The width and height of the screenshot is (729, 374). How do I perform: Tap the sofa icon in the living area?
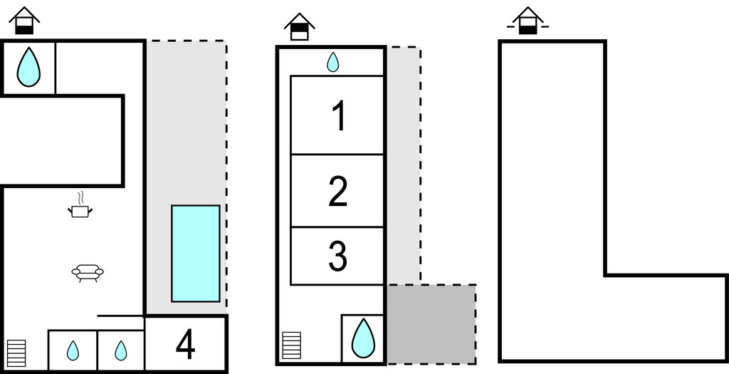(88, 272)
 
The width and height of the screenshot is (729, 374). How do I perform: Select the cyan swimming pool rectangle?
(195, 253)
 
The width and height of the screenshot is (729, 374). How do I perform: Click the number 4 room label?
(185, 346)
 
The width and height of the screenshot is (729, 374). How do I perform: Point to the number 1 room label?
(339, 116)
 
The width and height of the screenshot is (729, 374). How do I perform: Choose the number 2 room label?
(338, 191)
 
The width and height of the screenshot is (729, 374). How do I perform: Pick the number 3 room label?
(337, 256)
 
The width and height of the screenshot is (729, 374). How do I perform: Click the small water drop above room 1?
(332, 63)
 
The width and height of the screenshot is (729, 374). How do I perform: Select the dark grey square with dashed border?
(431, 323)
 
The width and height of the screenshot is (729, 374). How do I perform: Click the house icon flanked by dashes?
(528, 21)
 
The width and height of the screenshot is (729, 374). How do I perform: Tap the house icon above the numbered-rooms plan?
(299, 26)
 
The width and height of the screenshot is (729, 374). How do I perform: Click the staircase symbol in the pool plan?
(16, 352)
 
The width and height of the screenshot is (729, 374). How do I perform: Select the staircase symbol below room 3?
(292, 346)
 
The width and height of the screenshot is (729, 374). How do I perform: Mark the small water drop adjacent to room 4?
(121, 350)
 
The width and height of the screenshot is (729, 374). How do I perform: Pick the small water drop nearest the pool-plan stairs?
(73, 350)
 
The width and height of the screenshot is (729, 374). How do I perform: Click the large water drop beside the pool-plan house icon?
(28, 67)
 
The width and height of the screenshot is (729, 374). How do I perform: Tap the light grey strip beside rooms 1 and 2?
(403, 164)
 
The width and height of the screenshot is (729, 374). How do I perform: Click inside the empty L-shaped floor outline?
(552, 214)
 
